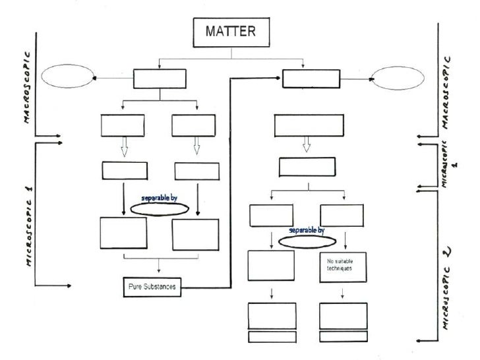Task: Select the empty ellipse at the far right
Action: [x=398, y=78]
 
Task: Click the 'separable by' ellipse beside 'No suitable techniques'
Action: [x=307, y=241]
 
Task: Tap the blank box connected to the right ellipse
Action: [x=310, y=78]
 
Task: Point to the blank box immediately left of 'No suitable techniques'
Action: [x=270, y=266]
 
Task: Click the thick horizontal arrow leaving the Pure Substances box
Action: [x=204, y=287]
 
